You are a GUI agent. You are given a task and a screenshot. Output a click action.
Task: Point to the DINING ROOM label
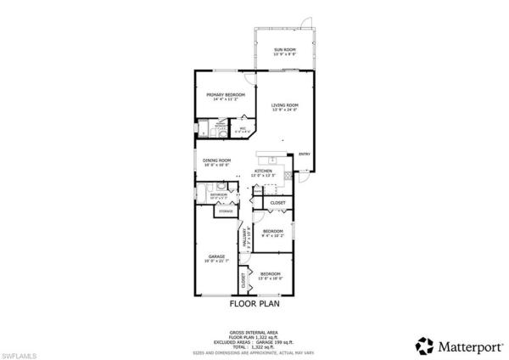pos(217,162)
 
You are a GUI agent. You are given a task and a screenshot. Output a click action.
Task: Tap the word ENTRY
pos(304,155)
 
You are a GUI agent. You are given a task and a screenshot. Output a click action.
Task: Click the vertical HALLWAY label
pos(247,241)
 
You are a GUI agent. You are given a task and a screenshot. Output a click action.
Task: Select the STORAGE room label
pos(227,211)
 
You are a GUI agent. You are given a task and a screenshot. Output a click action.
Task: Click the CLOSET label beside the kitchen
pos(277,204)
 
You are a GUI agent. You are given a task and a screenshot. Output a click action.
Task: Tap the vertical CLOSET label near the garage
pos(242,279)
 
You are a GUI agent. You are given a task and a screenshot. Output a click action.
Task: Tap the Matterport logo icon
pos(422,345)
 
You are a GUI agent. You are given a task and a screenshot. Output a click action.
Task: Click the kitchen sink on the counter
pos(272,160)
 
